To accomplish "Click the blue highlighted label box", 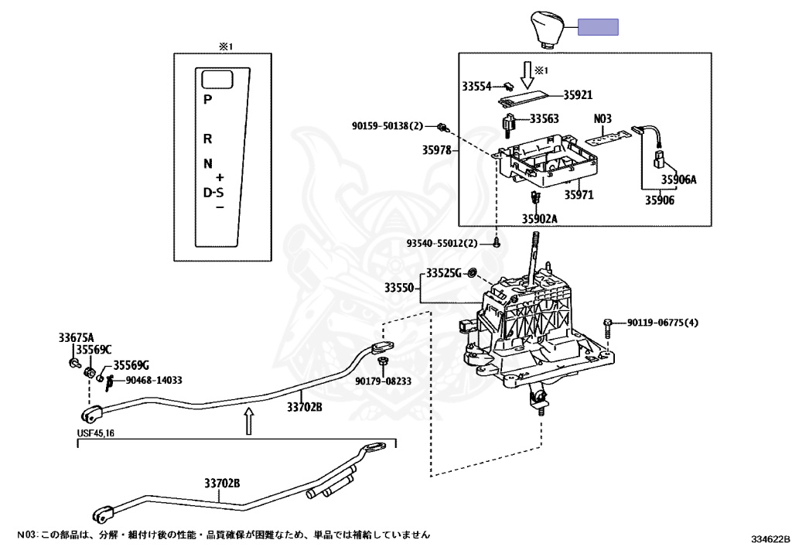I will coord(599,28).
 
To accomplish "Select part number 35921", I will coord(578,94).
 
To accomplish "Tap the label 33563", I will coord(544,119).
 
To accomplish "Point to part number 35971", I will coord(578,195).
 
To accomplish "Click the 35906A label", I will coord(678,179).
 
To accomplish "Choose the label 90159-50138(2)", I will coord(398,125).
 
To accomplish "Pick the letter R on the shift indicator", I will coord(207,139).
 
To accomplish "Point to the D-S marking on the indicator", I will coord(213,192).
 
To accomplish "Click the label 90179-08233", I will coord(383,381).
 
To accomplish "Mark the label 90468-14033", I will coord(153,380).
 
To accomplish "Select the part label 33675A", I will coord(76,337).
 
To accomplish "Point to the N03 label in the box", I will coord(603,119).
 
